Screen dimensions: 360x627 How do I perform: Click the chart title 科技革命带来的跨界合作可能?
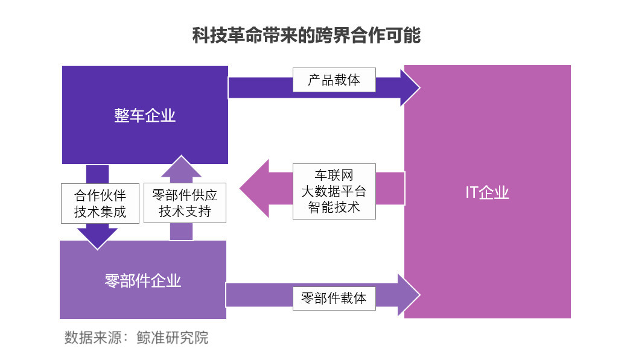point(306,35)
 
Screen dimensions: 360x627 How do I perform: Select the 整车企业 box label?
point(145,115)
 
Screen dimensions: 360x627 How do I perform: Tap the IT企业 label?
point(487,192)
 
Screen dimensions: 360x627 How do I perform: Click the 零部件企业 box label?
point(143,280)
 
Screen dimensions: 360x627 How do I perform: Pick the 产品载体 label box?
point(334,80)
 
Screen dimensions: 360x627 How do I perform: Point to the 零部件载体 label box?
point(334,298)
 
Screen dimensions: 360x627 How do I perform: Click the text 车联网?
point(334,175)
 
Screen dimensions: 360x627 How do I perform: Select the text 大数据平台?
point(334,191)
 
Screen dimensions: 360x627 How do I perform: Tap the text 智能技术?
point(334,207)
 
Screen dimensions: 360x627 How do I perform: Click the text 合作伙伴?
point(100,195)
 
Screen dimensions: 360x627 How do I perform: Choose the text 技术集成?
point(100,212)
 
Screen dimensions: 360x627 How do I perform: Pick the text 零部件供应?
point(185,195)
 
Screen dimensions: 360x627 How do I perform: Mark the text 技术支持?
point(185,212)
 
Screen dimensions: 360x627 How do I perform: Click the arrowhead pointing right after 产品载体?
point(410,87)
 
